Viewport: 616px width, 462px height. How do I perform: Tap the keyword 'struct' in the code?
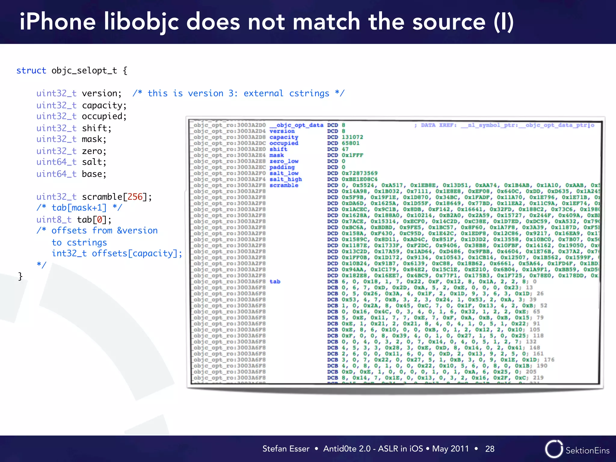(x=31, y=71)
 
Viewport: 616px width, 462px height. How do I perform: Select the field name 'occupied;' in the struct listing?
(x=104, y=116)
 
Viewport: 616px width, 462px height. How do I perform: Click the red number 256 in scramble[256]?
(x=135, y=197)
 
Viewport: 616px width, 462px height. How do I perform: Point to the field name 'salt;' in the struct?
(x=94, y=162)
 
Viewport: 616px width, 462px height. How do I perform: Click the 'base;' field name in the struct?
(x=94, y=174)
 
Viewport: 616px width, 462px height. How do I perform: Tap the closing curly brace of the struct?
(x=20, y=276)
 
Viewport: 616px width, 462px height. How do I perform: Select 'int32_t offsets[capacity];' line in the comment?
(x=117, y=254)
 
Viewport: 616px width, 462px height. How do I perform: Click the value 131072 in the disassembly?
(x=352, y=137)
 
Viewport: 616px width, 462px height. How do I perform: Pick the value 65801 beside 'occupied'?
(x=350, y=143)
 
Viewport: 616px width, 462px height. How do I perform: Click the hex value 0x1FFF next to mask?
(x=352, y=155)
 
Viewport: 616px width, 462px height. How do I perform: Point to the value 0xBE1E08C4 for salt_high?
(x=359, y=179)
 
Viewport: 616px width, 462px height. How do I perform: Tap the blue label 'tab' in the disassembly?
(x=275, y=282)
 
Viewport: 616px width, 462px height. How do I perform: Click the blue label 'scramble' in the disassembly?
(x=284, y=185)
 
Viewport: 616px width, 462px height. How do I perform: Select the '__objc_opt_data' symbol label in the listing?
(x=296, y=125)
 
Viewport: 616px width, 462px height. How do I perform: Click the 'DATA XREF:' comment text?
(x=439, y=125)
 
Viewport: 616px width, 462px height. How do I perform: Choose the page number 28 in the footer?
(x=490, y=449)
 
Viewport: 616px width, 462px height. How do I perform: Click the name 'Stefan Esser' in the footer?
(x=286, y=449)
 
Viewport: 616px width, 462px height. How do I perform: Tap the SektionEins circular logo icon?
(x=554, y=449)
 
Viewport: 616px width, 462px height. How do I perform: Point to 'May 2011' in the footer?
(x=450, y=449)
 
